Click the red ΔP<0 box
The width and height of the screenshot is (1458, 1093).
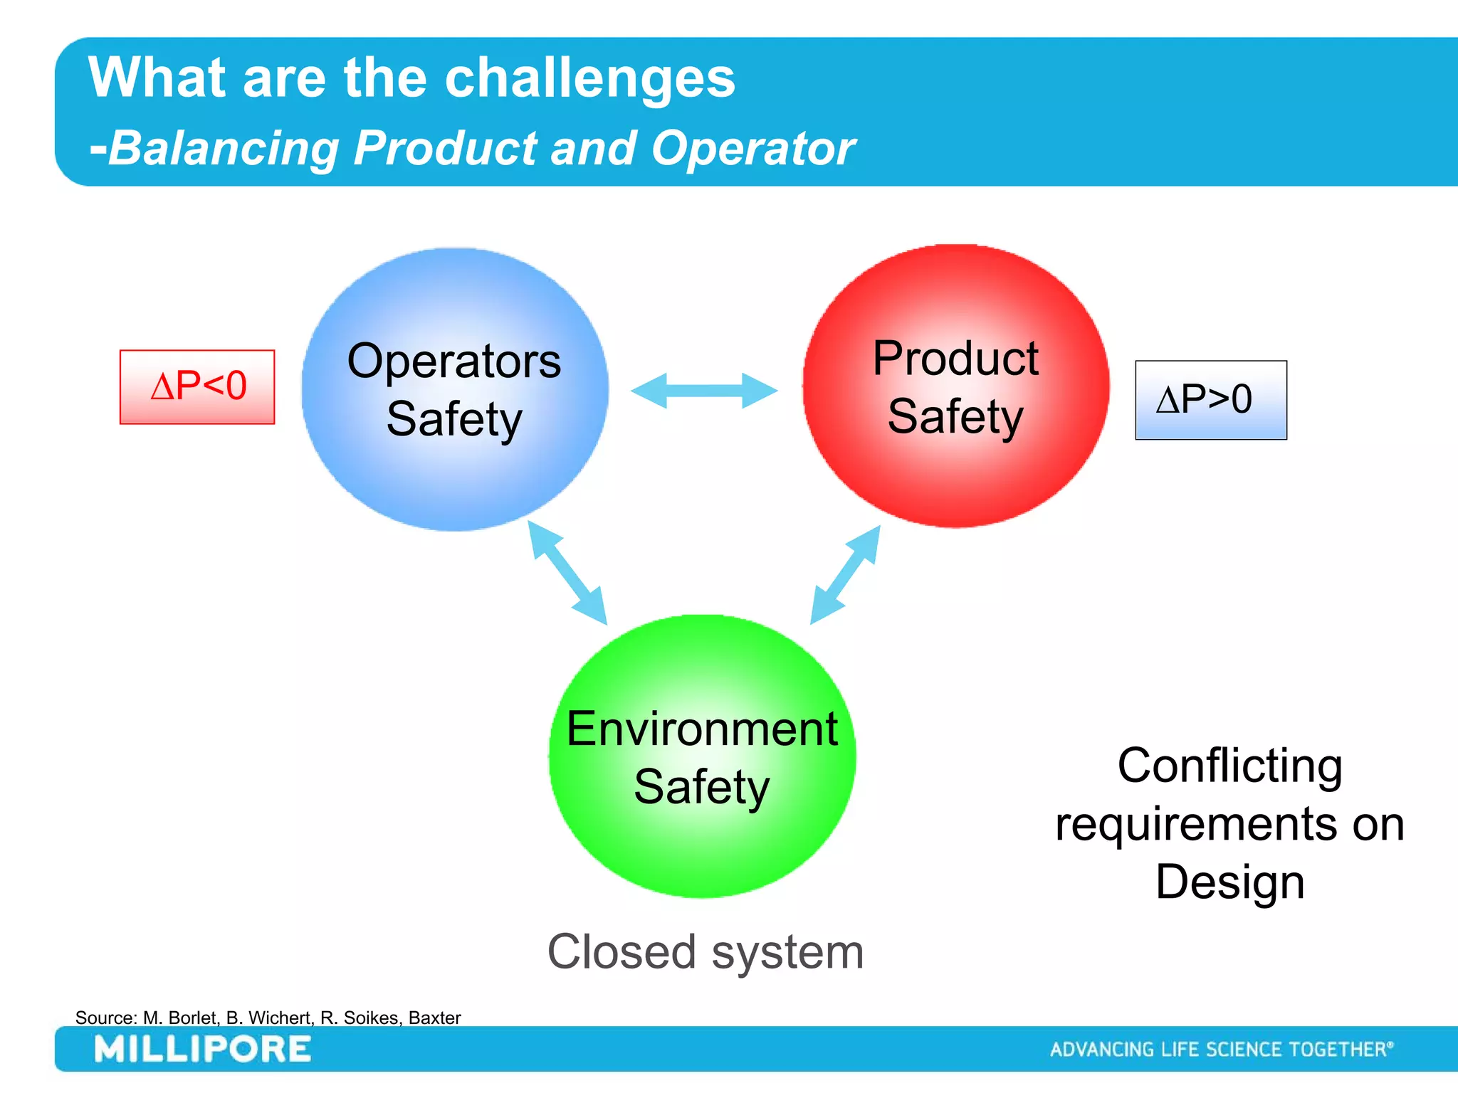(x=197, y=387)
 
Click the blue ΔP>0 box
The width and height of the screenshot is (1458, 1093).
(x=1210, y=400)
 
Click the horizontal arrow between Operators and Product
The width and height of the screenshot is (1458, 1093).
(x=703, y=391)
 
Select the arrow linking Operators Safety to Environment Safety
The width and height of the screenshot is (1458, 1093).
(x=567, y=572)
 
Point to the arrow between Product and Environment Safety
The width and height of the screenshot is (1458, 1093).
(x=846, y=575)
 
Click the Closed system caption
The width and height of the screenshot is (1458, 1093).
(x=705, y=952)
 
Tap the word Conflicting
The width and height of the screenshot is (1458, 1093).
(x=1229, y=766)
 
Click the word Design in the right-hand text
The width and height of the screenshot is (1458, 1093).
(x=1229, y=882)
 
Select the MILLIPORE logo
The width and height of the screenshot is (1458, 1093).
(x=203, y=1050)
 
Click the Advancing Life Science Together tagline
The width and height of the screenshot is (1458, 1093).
(x=1221, y=1050)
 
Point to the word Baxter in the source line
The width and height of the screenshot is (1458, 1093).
(x=434, y=1018)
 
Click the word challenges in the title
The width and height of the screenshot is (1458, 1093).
(x=589, y=78)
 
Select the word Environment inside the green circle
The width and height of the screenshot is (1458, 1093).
(x=702, y=729)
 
